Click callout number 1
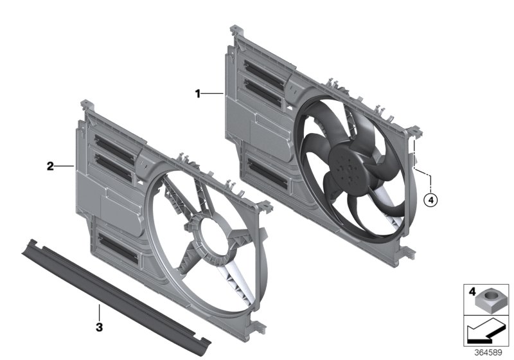tap(199, 94)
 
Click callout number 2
tap(50, 166)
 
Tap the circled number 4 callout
tap(431, 201)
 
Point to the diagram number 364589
tap(490, 352)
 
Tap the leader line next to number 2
tap(65, 166)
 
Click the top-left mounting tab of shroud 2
tap(84, 104)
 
